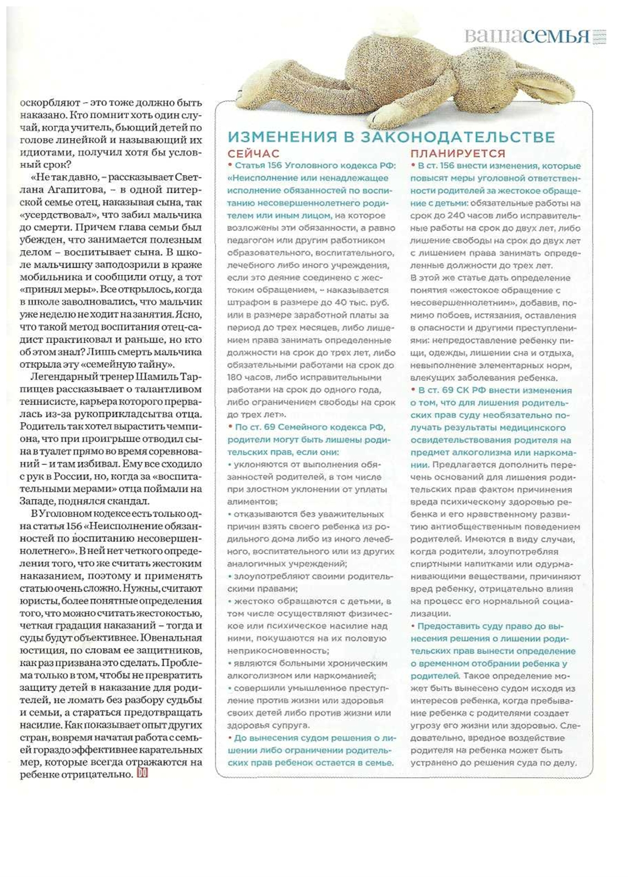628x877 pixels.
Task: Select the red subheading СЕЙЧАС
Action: pyautogui.click(x=254, y=154)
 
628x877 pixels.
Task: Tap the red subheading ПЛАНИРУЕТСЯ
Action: pyautogui.click(x=458, y=154)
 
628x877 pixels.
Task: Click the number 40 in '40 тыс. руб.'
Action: pyautogui.click(x=325, y=303)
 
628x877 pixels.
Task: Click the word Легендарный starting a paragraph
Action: pyautogui.click(x=61, y=377)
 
